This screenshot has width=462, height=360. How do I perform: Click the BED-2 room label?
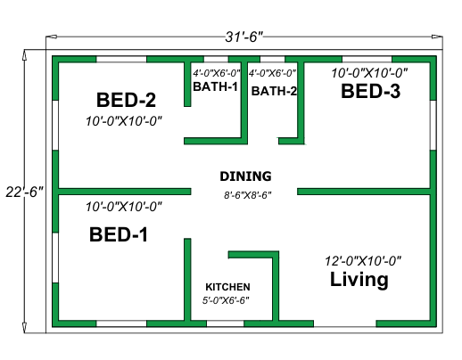[x=126, y=100]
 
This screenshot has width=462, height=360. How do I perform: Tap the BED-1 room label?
[x=119, y=234]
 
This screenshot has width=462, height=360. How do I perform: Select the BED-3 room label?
[x=370, y=91]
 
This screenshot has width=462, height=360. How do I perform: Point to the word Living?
[x=359, y=280]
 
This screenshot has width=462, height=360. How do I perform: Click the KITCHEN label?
[x=227, y=287]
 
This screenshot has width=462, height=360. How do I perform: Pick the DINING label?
[x=245, y=176]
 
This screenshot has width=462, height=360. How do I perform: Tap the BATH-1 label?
[x=216, y=86]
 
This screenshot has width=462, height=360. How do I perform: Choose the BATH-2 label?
[x=274, y=91]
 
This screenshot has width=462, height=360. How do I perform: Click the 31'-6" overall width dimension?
[x=244, y=37]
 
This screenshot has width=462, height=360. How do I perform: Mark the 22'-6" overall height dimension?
[x=25, y=192]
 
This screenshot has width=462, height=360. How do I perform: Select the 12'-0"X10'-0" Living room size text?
[x=363, y=261]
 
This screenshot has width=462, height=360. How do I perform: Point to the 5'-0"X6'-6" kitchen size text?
[x=226, y=300]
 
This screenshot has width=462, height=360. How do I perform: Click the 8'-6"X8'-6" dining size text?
[x=248, y=195]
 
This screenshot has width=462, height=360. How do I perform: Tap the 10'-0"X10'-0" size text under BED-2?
[x=124, y=121]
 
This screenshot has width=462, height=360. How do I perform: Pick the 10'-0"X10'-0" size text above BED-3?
[x=369, y=73]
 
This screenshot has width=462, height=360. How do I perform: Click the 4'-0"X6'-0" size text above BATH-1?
[x=216, y=73]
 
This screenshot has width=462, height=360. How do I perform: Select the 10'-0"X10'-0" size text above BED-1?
[x=124, y=207]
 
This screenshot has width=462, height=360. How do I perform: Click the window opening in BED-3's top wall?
[x=367, y=59]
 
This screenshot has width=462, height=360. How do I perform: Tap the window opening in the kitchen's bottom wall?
[x=225, y=323]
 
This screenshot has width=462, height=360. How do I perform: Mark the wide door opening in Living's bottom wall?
[x=345, y=323]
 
